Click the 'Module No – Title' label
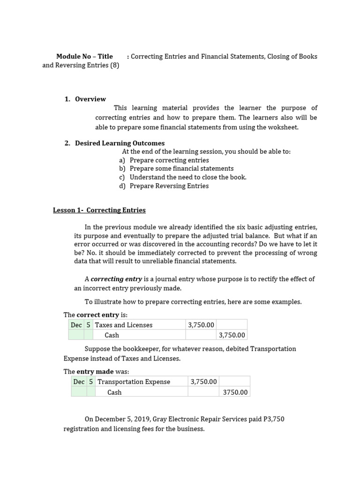point(84,56)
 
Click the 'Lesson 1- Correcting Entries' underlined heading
point(99,210)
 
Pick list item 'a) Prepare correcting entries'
point(164,160)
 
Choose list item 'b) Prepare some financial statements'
point(176,168)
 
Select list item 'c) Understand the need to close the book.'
point(183,177)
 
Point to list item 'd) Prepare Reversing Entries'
point(164,186)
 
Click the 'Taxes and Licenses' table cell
point(124,325)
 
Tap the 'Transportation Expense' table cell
point(134,382)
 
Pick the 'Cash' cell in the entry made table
point(114,392)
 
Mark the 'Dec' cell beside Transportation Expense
point(79,382)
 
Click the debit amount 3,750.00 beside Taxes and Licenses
point(201,325)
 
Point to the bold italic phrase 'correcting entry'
point(116,279)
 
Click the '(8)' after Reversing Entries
point(114,65)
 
